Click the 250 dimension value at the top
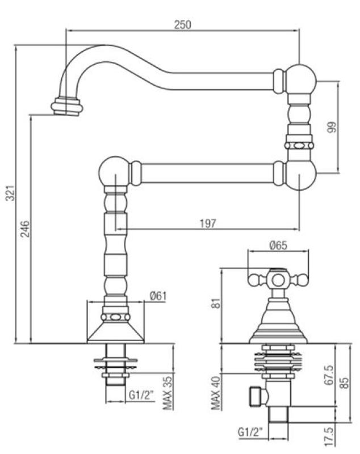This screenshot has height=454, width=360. click(x=183, y=24)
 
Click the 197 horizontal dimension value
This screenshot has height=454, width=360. click(x=208, y=224)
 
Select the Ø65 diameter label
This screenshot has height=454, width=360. click(x=278, y=246)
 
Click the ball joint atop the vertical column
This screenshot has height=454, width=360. click(x=115, y=171)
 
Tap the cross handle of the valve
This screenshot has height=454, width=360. click(x=278, y=279)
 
